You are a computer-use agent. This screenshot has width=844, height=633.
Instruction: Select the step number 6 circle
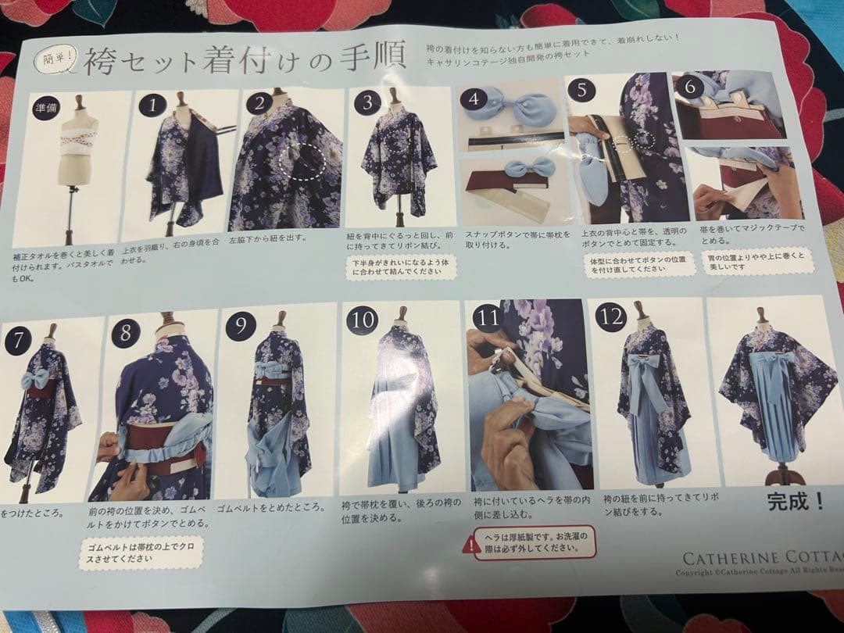689,87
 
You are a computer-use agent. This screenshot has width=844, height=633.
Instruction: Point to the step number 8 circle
126,333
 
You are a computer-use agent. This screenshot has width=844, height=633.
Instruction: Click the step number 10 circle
362,320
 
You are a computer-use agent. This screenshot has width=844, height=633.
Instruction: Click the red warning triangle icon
471,544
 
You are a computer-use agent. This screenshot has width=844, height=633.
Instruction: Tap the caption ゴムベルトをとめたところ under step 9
270,506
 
